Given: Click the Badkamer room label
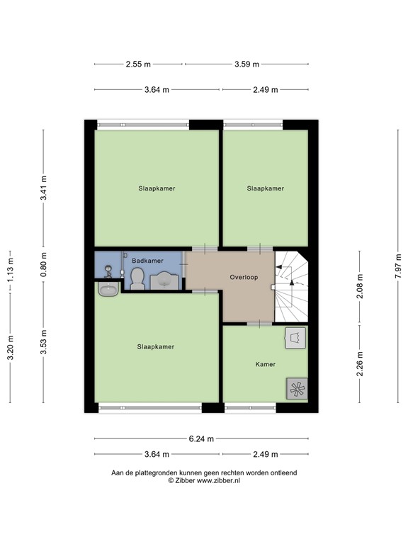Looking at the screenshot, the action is [147, 261].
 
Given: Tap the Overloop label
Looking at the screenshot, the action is [244, 277].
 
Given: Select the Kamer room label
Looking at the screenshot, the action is [266, 364].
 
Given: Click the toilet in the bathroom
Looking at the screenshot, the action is [137, 278].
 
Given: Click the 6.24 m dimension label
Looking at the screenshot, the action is [201, 439].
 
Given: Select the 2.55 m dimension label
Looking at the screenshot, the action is [138, 64].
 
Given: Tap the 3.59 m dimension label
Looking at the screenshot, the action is [246, 64].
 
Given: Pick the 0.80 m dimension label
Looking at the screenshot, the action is [43, 265].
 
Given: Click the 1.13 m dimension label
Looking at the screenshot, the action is [11, 269].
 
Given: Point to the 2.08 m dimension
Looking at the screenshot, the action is [360, 286].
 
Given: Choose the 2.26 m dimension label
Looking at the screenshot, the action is [360, 363].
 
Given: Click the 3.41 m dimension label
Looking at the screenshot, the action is [43, 188].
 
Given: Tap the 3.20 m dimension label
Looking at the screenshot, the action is [11, 348].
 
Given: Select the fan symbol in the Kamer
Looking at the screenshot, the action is [297, 388].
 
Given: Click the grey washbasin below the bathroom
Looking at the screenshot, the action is [108, 289].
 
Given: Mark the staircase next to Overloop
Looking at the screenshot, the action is [291, 286].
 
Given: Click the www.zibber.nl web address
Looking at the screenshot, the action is [218, 480].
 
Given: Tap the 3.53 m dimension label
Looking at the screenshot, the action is [43, 342].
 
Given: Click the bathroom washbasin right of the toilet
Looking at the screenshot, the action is [164, 281].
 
